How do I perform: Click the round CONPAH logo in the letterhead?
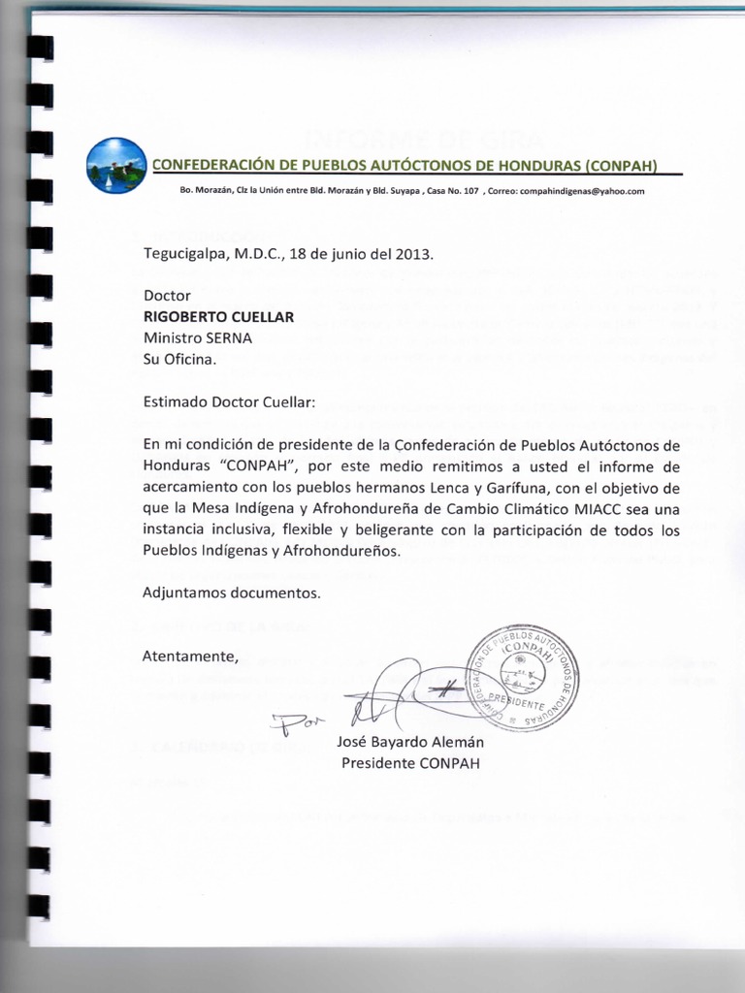115,165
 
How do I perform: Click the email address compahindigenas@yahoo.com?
582,191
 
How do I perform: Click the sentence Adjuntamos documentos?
230,593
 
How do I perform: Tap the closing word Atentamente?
190,657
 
